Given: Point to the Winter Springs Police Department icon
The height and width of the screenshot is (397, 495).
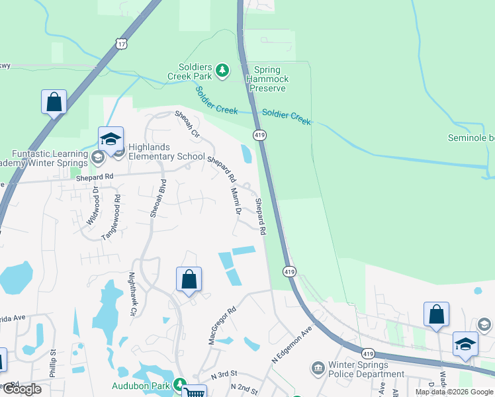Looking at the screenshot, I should coord(318,367).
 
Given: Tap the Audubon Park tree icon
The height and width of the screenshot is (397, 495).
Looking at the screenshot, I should coord(179,384).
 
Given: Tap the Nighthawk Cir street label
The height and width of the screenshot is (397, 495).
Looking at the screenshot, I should coord(132,294).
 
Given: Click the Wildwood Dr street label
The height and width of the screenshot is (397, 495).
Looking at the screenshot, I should coord(92,206).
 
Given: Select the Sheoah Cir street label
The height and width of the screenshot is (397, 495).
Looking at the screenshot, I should coord(187,124).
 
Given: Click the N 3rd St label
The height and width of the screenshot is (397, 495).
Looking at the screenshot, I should coord(224,375).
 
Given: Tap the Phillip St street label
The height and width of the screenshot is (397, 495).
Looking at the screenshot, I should coord(54,363).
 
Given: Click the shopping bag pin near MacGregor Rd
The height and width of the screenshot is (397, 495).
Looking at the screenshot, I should coord(189,279).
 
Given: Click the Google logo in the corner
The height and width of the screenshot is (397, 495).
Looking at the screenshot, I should coord(21,389).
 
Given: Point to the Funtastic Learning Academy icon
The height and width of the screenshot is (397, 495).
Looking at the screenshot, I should coord(98,157).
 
